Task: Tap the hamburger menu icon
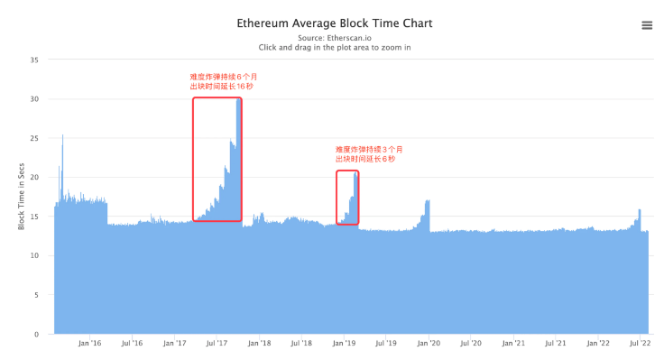pyautogui.click(x=647, y=25)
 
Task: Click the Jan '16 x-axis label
pyautogui.click(x=90, y=344)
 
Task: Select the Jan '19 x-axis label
pyautogui.click(x=344, y=344)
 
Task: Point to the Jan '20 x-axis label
pyautogui.click(x=429, y=344)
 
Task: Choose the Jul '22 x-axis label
pyautogui.click(x=640, y=344)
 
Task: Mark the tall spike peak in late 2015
pyautogui.click(x=62, y=136)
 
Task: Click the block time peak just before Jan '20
pyautogui.click(x=428, y=201)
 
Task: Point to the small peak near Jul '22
pyautogui.click(x=640, y=211)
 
